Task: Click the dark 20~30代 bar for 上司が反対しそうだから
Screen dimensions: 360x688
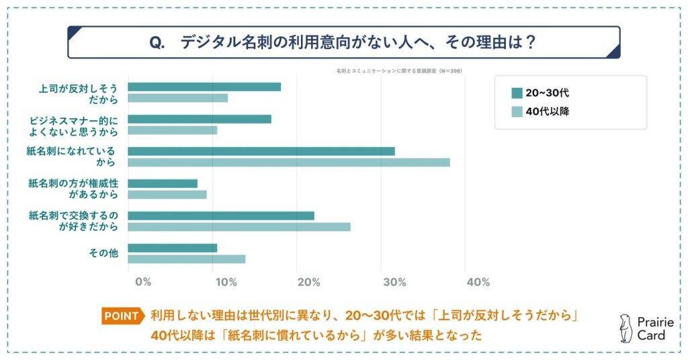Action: [x=204, y=87]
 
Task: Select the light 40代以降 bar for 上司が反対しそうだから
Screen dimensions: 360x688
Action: [x=177, y=98]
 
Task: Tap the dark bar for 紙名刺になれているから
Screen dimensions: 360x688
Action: [x=261, y=151]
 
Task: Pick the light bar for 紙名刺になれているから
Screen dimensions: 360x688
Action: [x=289, y=163]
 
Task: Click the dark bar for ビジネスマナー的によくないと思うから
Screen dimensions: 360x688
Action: [x=200, y=119]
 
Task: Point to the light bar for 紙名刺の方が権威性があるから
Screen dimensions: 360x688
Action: [x=167, y=195]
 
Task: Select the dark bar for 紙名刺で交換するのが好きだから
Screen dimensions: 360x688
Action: [x=221, y=216]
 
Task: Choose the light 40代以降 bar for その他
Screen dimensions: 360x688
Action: [x=187, y=259]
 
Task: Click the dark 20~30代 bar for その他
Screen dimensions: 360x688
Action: [x=173, y=248]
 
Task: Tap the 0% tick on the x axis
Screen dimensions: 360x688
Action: [x=142, y=282]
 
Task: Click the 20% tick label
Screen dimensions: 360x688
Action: [x=308, y=282]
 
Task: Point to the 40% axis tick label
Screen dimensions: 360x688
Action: [x=478, y=282]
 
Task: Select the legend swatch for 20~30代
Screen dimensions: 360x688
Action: [x=517, y=93]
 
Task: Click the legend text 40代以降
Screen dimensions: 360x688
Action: [x=548, y=111]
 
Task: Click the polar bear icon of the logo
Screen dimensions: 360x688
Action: [x=626, y=328]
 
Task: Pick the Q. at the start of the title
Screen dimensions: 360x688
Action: [x=157, y=42]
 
